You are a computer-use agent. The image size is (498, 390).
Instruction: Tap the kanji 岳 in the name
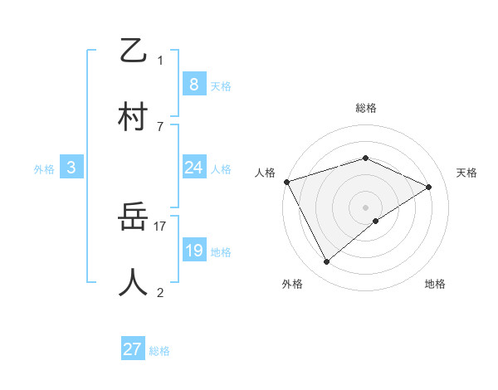(x=134, y=217)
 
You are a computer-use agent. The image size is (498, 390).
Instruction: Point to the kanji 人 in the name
(x=134, y=282)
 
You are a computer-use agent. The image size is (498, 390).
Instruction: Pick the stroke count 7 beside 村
(x=160, y=126)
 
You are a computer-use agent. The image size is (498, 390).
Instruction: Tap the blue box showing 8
(x=193, y=84)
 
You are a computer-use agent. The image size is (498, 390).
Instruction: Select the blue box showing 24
(x=193, y=168)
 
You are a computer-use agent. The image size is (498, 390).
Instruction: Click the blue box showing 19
(x=193, y=251)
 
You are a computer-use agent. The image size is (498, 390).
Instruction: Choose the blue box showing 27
(x=132, y=349)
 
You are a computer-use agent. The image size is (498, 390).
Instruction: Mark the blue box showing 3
(x=71, y=168)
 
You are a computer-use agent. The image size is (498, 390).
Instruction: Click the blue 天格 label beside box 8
(x=221, y=85)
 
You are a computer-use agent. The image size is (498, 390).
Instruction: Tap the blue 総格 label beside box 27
(x=159, y=351)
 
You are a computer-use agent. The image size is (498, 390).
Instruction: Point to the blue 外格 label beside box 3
(x=44, y=168)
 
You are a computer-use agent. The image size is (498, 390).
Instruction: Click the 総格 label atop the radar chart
(x=366, y=108)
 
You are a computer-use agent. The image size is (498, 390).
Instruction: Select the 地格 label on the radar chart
(x=435, y=284)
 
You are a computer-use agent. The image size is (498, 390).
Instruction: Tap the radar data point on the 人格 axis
(x=286, y=182)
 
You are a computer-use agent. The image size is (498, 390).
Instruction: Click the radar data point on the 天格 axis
(x=429, y=187)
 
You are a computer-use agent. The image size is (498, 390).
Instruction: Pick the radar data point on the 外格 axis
(x=327, y=262)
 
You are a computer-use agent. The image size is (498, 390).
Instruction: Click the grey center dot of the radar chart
(x=366, y=207)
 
